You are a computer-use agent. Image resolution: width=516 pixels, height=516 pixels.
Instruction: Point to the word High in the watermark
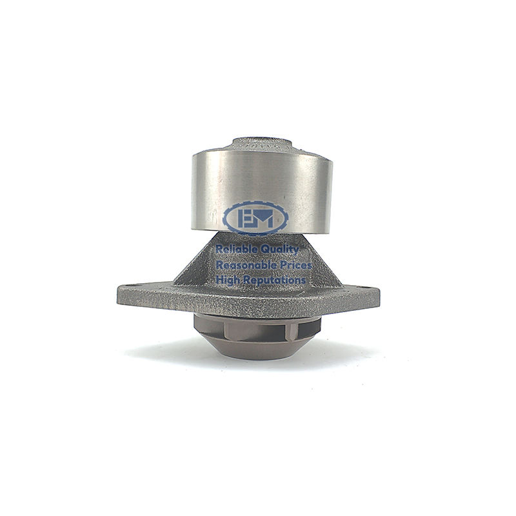[226, 281]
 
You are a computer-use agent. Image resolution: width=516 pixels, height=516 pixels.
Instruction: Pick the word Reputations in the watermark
[273, 281]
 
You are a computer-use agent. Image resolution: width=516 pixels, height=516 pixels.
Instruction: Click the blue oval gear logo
[255, 219]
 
